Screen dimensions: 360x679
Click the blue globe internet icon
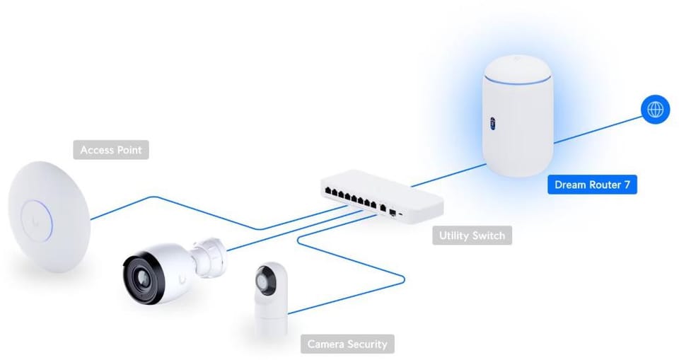click(655, 110)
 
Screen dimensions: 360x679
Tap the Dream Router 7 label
click(592, 185)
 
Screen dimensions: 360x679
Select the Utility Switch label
click(472, 236)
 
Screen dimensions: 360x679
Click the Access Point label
click(111, 150)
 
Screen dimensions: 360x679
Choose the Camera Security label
click(347, 344)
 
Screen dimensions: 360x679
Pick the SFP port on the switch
click(392, 210)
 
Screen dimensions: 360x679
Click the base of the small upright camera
click(271, 324)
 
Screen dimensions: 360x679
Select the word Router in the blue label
click(603, 185)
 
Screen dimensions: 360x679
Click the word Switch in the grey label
click(489, 236)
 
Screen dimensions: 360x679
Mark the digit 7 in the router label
click(627, 185)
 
